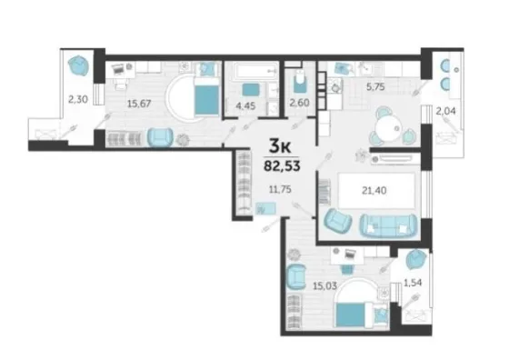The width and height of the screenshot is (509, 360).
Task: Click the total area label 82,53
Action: (282, 165)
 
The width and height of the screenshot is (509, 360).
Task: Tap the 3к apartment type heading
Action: (280, 146)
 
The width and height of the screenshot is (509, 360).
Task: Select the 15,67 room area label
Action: (139, 104)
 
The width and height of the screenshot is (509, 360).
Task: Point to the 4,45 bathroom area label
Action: (245, 105)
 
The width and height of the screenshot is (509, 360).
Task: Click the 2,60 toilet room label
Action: (299, 103)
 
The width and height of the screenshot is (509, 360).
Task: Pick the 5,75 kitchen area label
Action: (375, 87)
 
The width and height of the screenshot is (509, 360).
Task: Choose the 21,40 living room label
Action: (374, 190)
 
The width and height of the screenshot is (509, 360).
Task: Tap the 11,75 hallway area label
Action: (280, 189)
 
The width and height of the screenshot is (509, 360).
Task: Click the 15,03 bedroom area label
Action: (324, 286)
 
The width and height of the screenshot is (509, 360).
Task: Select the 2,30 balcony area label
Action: (78, 99)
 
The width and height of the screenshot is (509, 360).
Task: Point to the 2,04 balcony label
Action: (445, 111)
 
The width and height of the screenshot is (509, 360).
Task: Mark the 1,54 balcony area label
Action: (413, 283)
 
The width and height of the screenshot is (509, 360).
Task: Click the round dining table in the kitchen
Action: (388, 127)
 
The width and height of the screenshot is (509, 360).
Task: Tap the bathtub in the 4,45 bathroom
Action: (256, 71)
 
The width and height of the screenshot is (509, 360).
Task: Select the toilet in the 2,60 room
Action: (299, 82)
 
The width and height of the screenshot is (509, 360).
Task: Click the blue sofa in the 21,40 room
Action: (388, 225)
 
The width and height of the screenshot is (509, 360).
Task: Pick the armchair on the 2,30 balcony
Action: (79, 65)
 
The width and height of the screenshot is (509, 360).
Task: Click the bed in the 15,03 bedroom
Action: (353, 315)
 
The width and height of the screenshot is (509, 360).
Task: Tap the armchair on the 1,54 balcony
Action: (416, 259)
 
